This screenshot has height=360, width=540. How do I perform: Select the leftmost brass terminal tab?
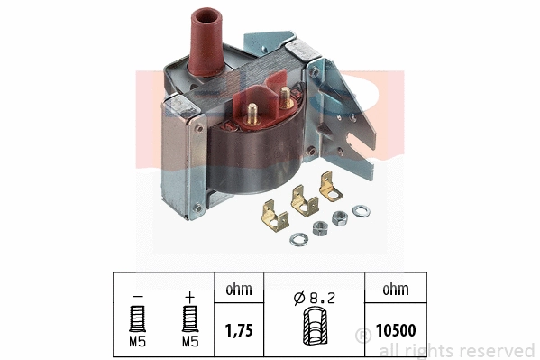point(266,217)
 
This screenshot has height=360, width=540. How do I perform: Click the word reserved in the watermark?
point(496,350)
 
